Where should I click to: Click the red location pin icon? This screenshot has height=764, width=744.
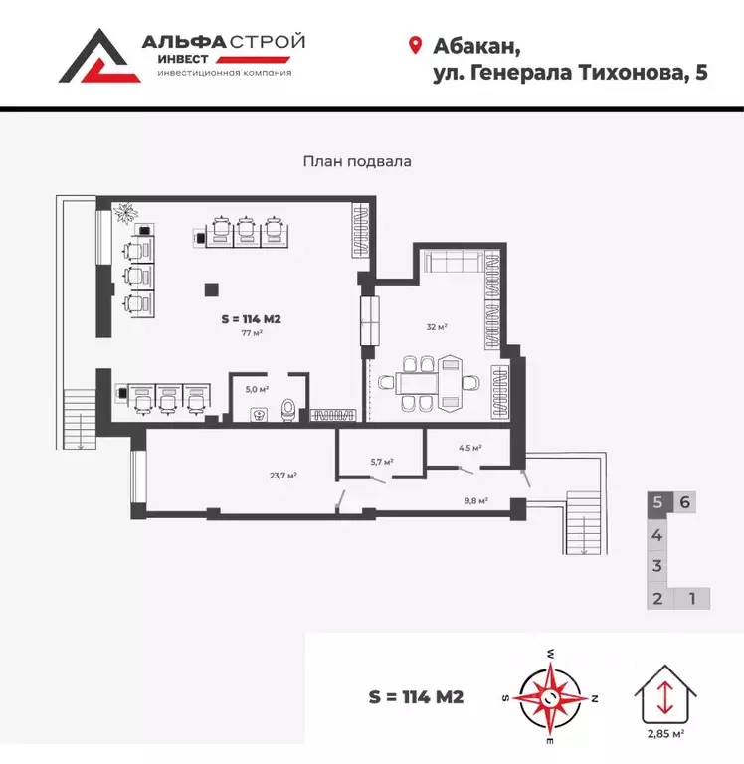[x=416, y=45]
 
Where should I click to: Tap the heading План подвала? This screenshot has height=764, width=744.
[x=356, y=160]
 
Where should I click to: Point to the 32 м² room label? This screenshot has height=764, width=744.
[x=436, y=326]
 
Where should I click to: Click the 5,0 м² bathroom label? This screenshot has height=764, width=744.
[x=257, y=389]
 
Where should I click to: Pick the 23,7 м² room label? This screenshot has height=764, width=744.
[x=282, y=476]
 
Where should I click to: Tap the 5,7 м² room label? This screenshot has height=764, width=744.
[x=382, y=462]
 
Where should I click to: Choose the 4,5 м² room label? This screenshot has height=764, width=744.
[x=469, y=448]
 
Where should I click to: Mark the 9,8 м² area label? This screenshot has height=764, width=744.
[x=475, y=501]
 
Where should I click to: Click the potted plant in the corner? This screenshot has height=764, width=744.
[x=126, y=212]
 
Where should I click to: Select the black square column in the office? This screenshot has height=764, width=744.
[x=211, y=288]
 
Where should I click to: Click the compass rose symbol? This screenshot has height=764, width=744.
[x=550, y=696]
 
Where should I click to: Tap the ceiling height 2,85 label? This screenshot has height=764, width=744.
[x=666, y=735]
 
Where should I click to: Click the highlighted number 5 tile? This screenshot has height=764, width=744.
[x=657, y=502]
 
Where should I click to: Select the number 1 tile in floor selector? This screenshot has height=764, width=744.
[x=691, y=599]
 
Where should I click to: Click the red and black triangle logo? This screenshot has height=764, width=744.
[x=97, y=57]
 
